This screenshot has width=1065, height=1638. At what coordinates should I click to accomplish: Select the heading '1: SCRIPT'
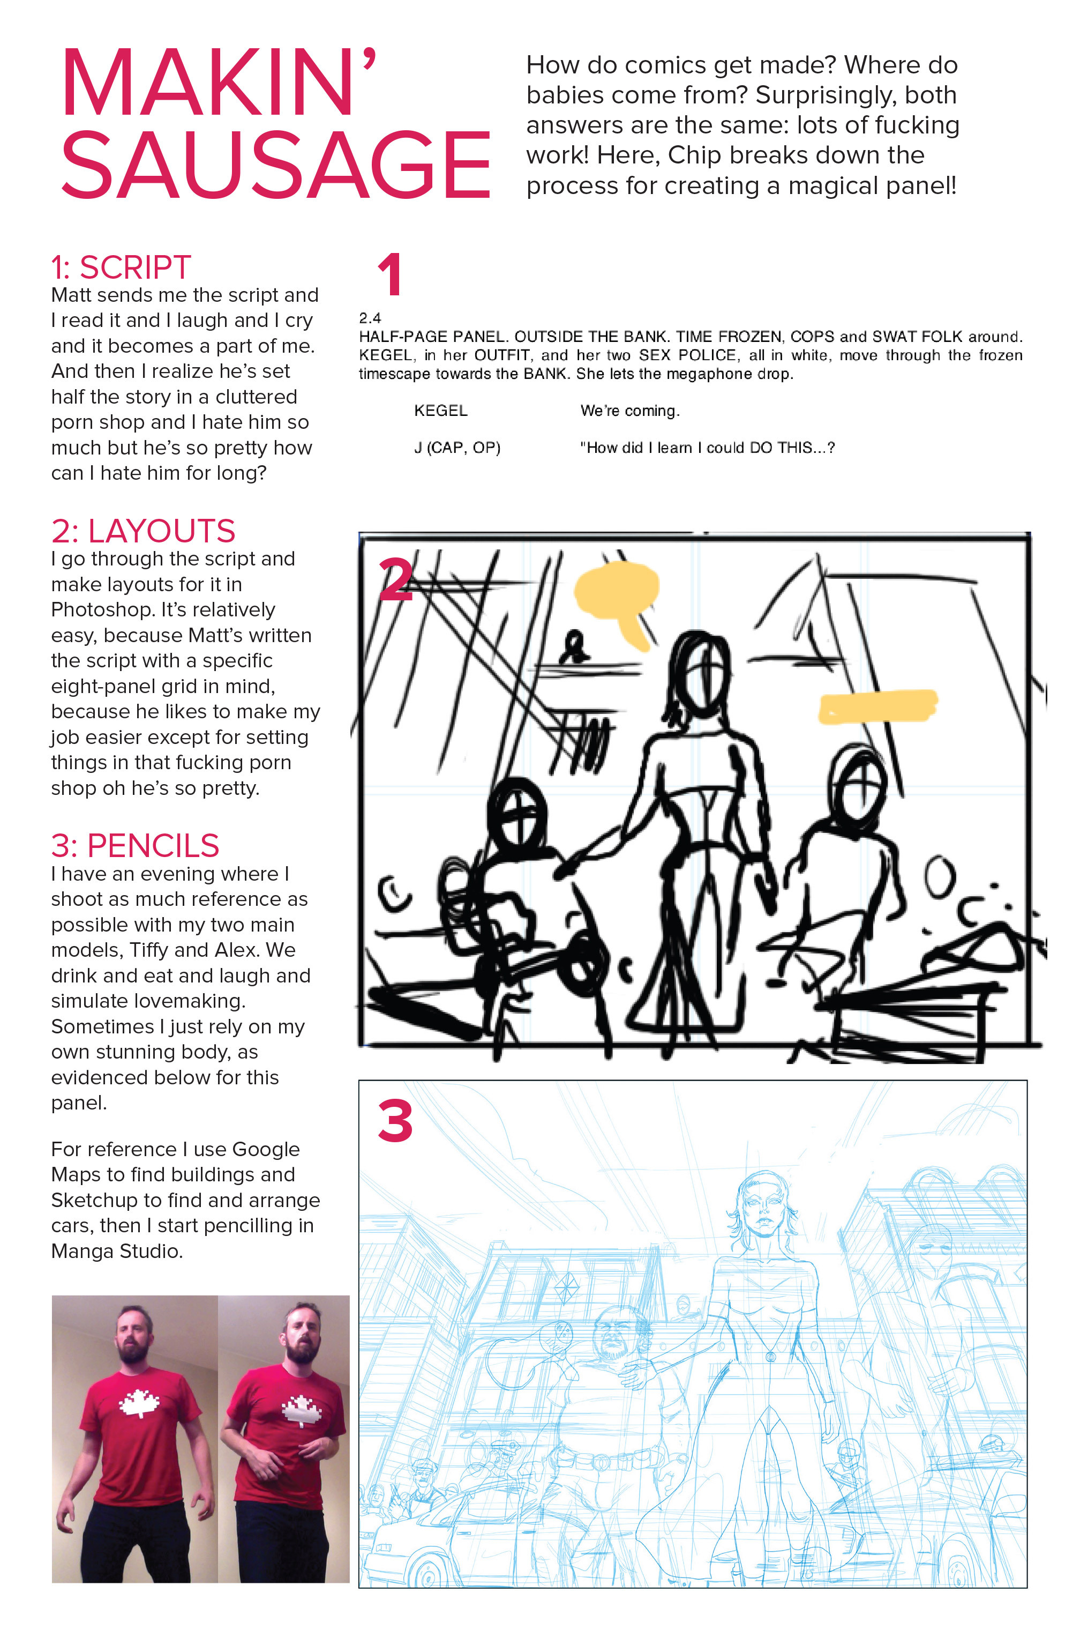point(121,267)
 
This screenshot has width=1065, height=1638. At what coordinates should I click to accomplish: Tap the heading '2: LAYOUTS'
point(143,531)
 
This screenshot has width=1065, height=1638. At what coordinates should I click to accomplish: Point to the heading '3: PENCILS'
point(135,845)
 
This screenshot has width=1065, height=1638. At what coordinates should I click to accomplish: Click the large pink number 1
point(389,274)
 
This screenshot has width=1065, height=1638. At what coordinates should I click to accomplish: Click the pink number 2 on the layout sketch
point(395,578)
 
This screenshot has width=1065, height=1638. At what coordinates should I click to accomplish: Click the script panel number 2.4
point(370,318)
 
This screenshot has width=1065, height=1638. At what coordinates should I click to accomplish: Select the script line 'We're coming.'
point(629,411)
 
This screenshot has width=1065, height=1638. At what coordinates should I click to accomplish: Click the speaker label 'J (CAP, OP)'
point(457,448)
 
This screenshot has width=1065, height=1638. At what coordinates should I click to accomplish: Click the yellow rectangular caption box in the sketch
point(877,706)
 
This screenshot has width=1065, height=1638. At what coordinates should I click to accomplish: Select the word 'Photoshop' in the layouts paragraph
point(94,610)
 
